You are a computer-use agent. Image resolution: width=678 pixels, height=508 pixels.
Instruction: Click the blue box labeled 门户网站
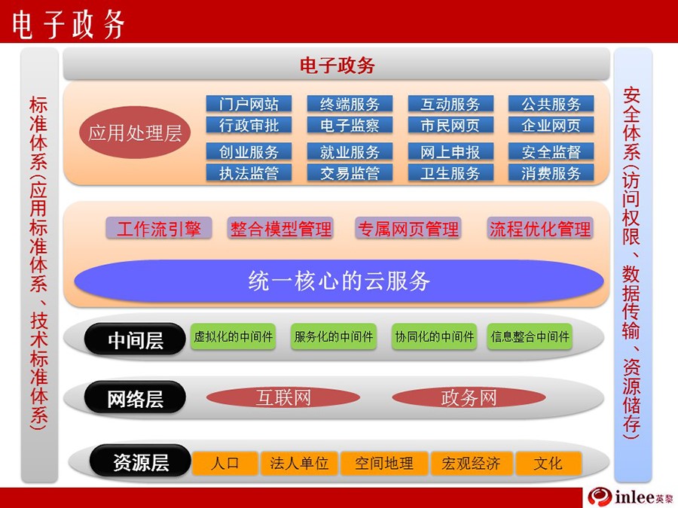point(249,104)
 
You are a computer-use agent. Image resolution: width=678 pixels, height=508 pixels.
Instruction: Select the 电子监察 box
point(350,125)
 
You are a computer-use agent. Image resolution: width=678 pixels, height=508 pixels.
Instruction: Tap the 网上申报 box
point(450,151)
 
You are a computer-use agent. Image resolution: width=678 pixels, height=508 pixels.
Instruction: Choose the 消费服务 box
point(551,173)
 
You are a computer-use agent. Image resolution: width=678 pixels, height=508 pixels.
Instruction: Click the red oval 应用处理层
point(135,132)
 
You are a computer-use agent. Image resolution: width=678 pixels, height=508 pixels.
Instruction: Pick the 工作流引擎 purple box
point(159,228)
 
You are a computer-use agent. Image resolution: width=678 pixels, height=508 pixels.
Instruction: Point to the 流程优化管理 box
point(539,228)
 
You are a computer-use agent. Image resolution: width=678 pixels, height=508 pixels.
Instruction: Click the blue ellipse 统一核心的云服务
point(338,281)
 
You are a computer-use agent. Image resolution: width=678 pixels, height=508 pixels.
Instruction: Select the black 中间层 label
point(135,339)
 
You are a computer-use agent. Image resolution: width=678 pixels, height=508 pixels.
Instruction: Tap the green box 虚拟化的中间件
point(233,336)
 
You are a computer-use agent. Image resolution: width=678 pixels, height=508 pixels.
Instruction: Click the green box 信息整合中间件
point(530,336)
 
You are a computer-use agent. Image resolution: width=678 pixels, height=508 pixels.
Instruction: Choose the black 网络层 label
point(135,398)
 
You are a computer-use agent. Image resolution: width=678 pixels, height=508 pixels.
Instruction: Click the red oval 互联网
point(283,397)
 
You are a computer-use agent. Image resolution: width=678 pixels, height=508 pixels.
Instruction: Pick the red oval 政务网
point(469,397)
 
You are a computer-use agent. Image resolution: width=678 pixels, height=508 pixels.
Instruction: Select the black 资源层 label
point(141,461)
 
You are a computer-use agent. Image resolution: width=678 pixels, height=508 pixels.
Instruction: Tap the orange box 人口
point(225,463)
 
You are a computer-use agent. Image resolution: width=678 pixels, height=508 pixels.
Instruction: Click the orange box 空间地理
point(384,463)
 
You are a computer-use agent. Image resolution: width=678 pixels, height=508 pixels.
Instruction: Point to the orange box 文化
point(548,463)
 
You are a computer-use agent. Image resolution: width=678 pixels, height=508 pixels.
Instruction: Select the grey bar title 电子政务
point(337,65)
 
